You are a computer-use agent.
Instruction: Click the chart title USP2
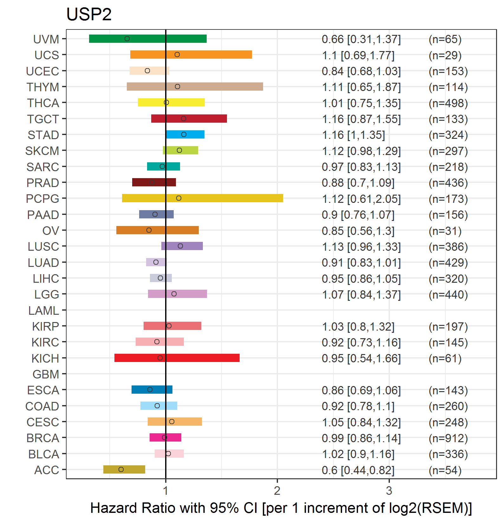pos(89,15)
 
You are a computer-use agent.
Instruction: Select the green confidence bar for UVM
pos(148,39)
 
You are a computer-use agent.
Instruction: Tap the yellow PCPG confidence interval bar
pos(202,198)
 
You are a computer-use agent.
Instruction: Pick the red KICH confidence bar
pos(177,358)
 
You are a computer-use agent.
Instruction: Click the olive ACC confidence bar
pos(124,469)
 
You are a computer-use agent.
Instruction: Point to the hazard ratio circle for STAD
pos(184,134)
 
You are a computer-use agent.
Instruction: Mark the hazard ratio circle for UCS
pos(177,55)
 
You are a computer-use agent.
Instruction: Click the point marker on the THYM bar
pos(178,87)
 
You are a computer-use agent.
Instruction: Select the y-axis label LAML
pos(43,311)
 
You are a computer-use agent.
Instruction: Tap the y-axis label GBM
pos(46,374)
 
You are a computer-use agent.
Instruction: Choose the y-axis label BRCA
pos(43,438)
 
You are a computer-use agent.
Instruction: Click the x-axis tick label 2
pos(277,491)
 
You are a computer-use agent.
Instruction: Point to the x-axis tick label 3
pos(389,491)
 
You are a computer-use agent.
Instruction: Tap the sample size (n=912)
pos(448,438)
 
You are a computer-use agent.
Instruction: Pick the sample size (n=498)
pos(448,103)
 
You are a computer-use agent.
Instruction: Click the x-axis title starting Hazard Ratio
pos(281,508)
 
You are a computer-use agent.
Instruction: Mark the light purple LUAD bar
pos(156,262)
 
